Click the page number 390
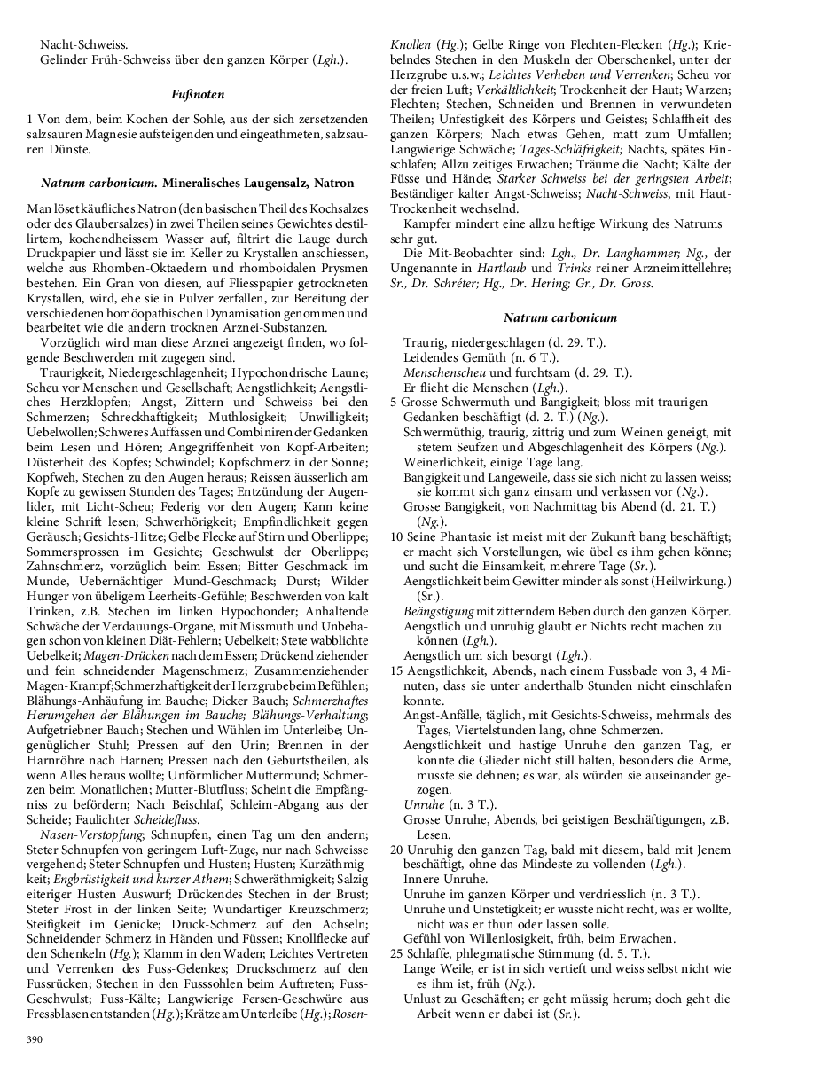pos(35,1038)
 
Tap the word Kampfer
pos(428,223)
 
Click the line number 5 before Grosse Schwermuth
pos(394,402)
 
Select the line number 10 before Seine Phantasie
pos(396,536)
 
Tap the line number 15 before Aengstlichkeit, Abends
pos(396,671)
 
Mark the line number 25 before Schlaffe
pos(396,953)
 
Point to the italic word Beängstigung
pos(439,611)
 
